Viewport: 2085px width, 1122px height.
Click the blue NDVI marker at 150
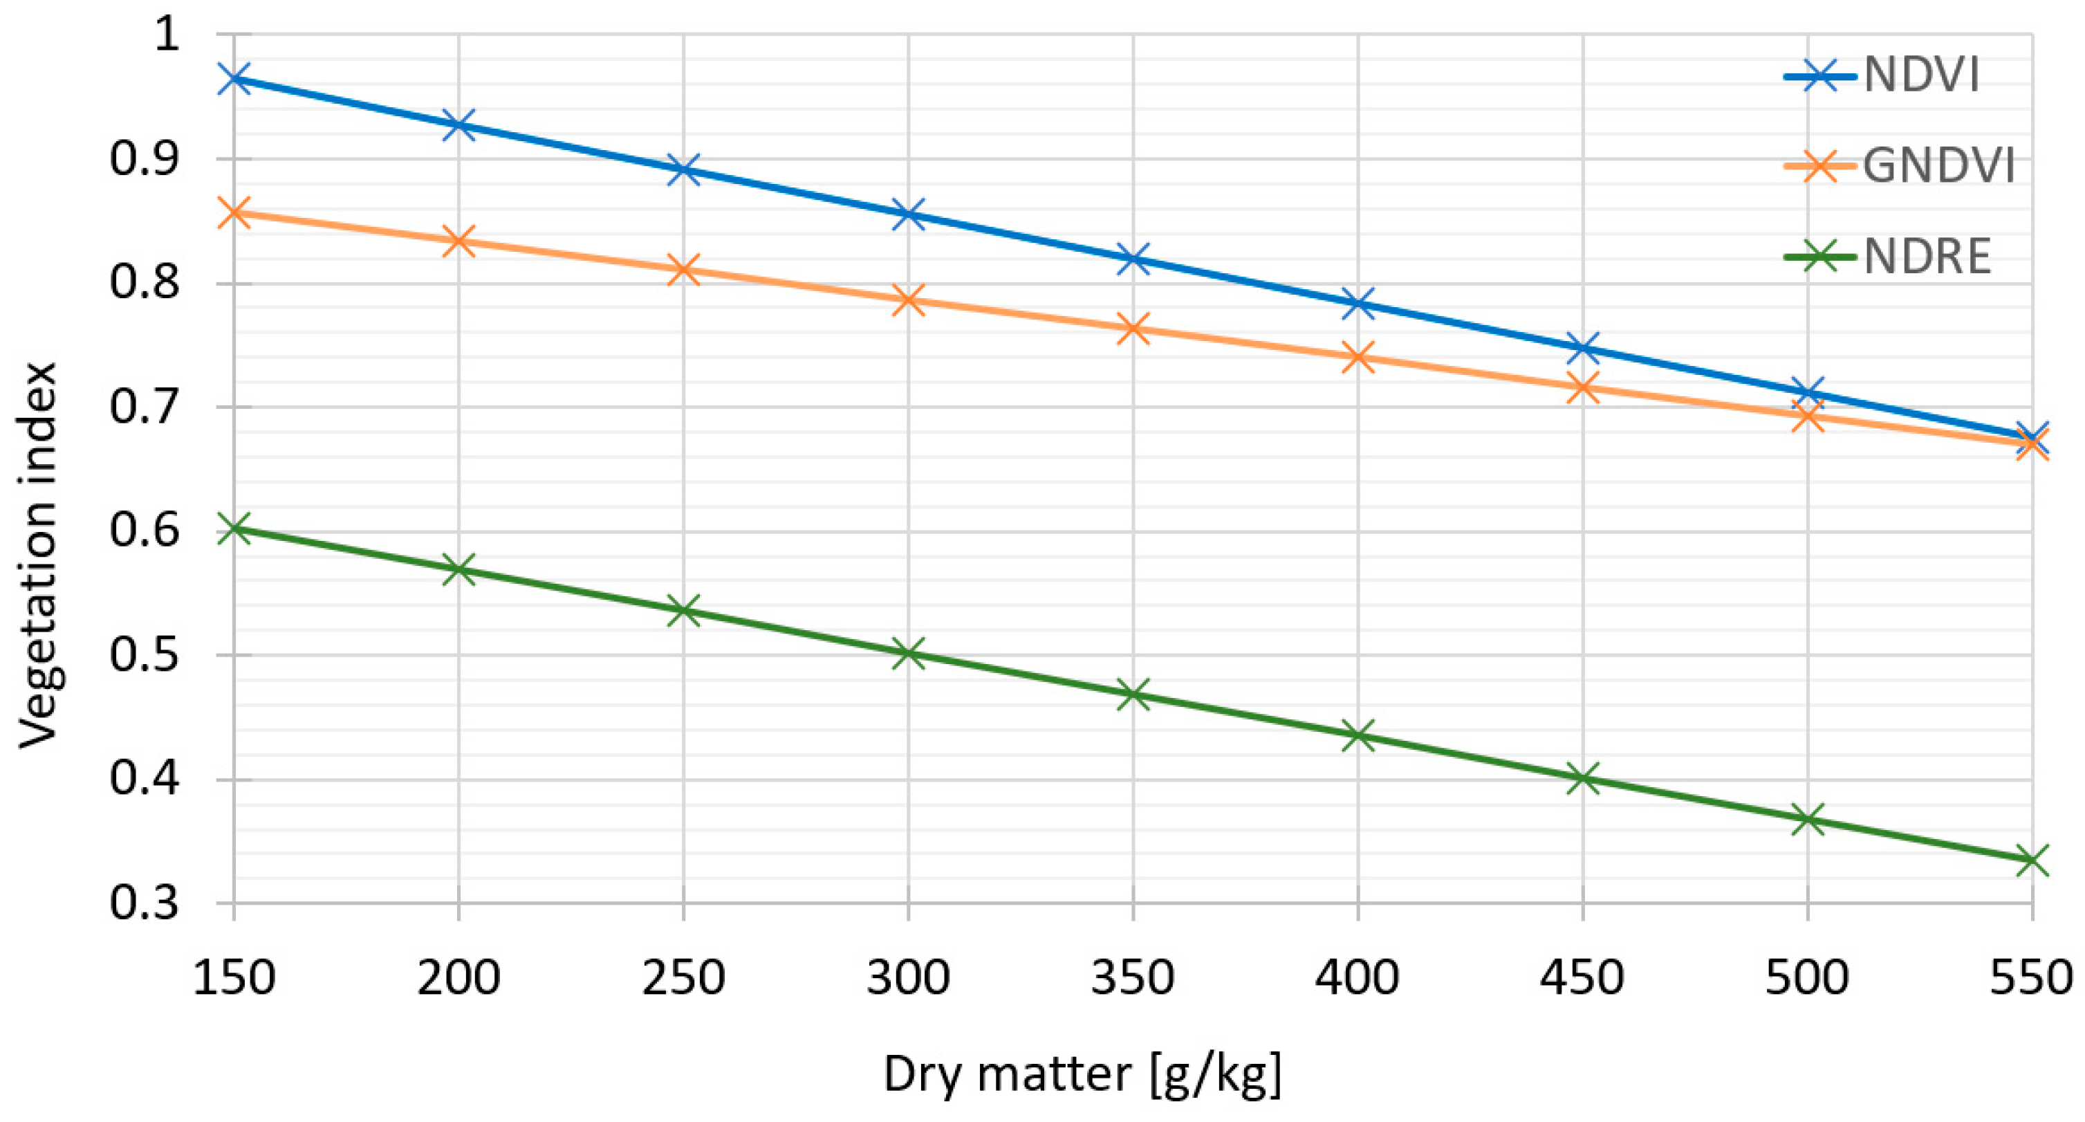[x=234, y=79]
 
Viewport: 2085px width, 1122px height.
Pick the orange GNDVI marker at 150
[x=234, y=213]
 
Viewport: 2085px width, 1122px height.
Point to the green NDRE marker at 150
[x=234, y=528]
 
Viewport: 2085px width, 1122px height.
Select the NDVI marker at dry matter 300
[x=908, y=214]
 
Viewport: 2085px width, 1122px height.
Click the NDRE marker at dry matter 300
[x=908, y=652]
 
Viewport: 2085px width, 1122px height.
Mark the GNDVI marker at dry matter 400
[x=1357, y=357]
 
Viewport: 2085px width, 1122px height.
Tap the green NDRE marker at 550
[x=2032, y=860]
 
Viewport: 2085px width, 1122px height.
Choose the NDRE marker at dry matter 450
[x=1582, y=779]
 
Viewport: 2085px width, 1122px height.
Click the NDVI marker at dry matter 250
[x=683, y=170]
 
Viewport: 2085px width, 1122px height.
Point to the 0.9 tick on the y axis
[x=143, y=158]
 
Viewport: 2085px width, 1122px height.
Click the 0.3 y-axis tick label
[x=143, y=903]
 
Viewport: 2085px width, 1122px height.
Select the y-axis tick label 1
[x=166, y=34]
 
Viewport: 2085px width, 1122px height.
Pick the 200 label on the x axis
[x=458, y=978]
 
